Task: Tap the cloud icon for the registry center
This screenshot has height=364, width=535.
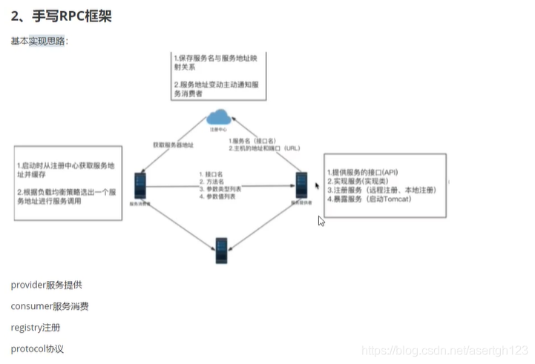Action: (218, 117)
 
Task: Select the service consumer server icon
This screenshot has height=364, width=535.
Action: (140, 185)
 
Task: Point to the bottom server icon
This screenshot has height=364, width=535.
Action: (221, 249)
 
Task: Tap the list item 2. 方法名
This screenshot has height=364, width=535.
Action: (215, 181)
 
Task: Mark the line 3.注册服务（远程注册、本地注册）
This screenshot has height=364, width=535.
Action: (381, 191)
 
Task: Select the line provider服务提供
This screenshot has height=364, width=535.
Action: (47, 285)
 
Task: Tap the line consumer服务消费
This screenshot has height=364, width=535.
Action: (50, 306)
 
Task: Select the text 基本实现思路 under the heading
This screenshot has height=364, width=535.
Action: (39, 41)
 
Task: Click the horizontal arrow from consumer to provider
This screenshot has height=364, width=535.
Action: (223, 188)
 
